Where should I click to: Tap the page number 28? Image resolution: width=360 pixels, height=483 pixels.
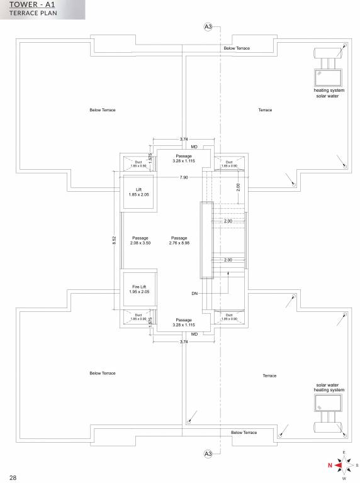click(13, 477)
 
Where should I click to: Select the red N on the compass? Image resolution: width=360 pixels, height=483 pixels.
click(329, 465)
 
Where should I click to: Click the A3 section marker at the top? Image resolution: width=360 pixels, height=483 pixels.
click(208, 26)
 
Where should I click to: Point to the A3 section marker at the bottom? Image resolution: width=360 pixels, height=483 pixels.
click(208, 453)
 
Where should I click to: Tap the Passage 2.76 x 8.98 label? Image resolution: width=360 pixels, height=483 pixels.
click(179, 240)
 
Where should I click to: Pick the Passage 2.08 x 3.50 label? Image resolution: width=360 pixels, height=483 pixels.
click(140, 240)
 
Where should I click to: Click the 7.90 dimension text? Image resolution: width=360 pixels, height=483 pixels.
click(184, 178)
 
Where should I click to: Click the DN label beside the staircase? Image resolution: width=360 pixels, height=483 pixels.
click(194, 294)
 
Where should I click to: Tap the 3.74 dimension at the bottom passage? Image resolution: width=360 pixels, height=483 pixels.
click(184, 341)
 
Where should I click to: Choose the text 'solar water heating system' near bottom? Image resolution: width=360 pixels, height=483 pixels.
click(329, 387)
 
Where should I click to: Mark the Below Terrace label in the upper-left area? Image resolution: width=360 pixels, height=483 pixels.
click(103, 110)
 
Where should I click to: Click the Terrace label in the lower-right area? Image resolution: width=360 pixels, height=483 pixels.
click(269, 375)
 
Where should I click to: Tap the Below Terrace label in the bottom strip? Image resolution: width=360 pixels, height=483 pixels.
click(244, 433)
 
